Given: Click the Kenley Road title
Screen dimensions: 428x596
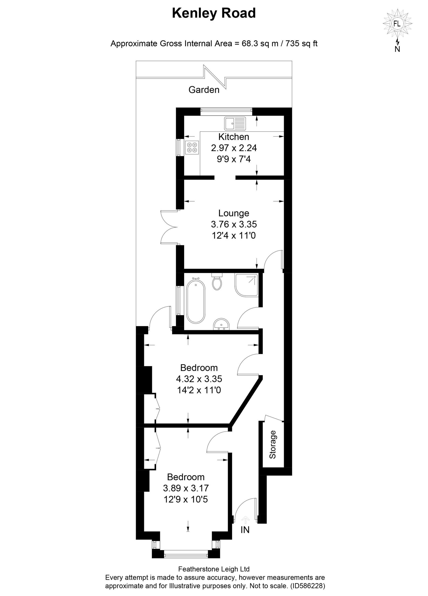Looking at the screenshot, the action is click(214, 13).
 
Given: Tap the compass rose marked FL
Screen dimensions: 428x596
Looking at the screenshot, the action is click(397, 24).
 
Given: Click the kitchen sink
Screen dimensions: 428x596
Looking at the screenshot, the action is click(235, 124).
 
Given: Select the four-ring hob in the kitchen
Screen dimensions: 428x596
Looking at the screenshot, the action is click(192, 147).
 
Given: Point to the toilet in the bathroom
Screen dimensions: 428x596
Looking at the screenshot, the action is click(217, 281).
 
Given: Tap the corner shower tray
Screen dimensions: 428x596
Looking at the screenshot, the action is click(247, 285).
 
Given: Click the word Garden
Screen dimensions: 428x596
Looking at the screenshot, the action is click(204, 90).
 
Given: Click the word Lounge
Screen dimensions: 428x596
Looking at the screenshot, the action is click(234, 213).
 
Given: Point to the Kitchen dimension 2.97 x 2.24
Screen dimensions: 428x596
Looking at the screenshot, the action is click(234, 148).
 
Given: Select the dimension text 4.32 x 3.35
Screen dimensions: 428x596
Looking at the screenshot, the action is click(199, 379).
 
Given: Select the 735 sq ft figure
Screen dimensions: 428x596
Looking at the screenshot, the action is click(302, 43).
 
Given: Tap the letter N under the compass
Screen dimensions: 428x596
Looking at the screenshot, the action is click(397, 49).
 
